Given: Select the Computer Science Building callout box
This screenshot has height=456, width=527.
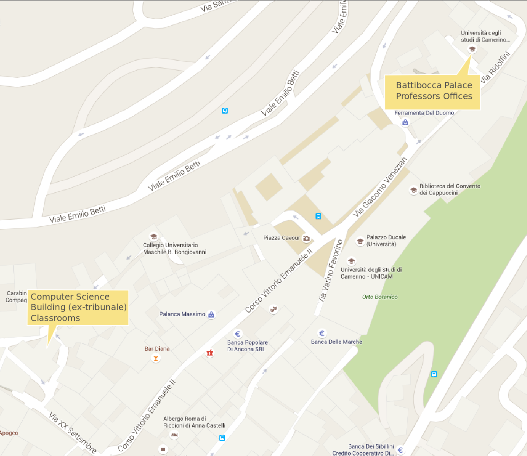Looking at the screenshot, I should (78, 307).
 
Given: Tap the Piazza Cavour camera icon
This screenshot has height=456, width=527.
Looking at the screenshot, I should (306, 238).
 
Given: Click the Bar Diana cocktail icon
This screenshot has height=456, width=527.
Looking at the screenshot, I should (155, 358).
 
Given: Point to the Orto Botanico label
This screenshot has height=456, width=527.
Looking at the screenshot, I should (380, 297).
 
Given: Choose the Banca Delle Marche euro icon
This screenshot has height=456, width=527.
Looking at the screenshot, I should (322, 334).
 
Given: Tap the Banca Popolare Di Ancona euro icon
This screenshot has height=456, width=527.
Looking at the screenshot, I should (238, 335).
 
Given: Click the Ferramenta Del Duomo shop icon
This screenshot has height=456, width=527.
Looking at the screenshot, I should (405, 122).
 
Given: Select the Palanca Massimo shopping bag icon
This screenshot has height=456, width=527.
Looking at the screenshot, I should (211, 314).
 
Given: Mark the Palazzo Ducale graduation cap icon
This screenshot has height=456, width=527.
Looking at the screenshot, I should (360, 241).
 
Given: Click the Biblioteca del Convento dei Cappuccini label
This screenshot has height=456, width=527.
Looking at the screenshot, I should (450, 190).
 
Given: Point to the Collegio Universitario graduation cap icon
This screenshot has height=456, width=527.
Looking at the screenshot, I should (153, 237).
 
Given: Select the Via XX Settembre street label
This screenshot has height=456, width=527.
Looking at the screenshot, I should (73, 432).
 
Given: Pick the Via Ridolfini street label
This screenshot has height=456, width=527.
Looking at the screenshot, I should (495, 68).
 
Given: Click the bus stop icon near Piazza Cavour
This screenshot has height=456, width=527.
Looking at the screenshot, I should (319, 216).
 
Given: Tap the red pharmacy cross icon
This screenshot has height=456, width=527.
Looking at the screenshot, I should (210, 352).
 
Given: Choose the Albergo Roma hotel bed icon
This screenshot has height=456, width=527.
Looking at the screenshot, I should (174, 435).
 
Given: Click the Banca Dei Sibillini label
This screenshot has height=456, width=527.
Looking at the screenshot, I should (371, 446).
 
